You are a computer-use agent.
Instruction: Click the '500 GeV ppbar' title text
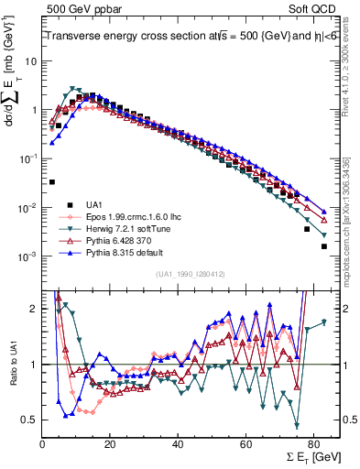point(80,7)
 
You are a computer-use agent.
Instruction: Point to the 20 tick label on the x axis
point(110,443)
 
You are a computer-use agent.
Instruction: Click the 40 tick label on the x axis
point(178,443)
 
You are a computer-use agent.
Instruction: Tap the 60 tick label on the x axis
point(245,443)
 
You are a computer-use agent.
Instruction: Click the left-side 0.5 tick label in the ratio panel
point(30,420)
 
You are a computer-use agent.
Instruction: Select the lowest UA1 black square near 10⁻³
point(324,246)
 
